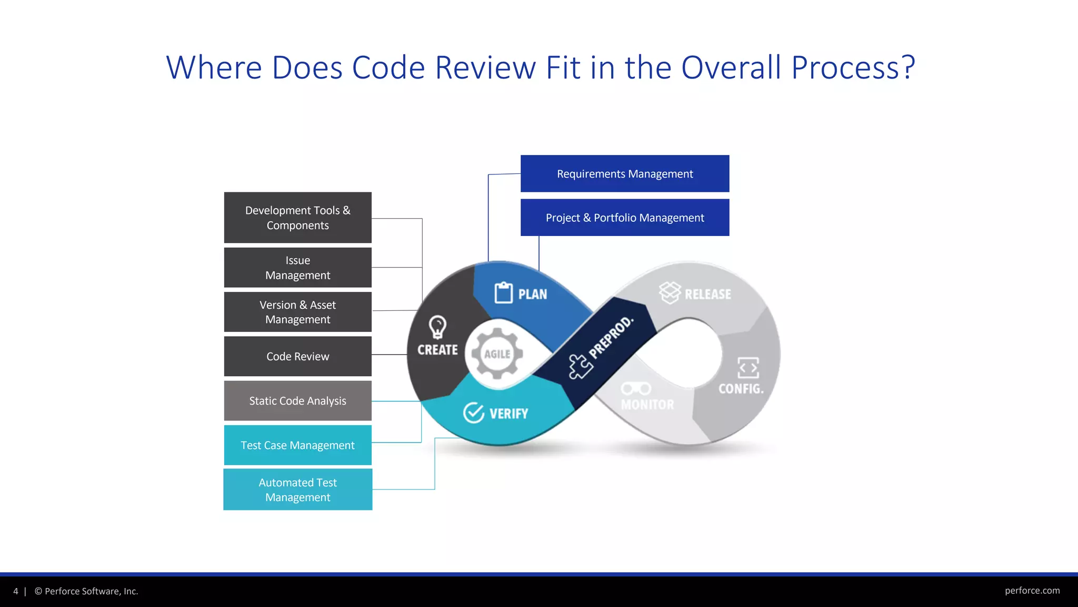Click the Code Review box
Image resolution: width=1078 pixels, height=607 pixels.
click(297, 356)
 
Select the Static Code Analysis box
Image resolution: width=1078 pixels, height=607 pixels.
click(297, 400)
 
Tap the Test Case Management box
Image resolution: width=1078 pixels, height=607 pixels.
click(297, 445)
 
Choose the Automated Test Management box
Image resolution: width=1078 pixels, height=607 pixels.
click(297, 489)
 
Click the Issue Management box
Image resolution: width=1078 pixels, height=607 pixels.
click(297, 268)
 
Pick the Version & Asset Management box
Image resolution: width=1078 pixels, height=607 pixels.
click(297, 312)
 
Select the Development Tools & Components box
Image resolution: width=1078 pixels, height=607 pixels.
click(297, 218)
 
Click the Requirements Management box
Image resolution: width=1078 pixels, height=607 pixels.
click(625, 174)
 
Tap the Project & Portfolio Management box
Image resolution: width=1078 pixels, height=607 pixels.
click(625, 218)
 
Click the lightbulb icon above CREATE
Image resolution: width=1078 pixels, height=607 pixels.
click(437, 327)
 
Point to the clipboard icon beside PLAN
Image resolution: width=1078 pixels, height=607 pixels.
click(503, 293)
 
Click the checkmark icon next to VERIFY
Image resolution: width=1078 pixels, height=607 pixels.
click(473, 413)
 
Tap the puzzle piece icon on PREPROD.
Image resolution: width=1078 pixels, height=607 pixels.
click(580, 366)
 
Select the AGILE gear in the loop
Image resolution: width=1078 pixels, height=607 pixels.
click(497, 354)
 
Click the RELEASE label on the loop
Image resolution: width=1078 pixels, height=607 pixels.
click(707, 294)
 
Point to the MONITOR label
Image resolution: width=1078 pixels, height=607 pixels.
click(647, 405)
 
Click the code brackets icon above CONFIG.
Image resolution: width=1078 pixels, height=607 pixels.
click(748, 368)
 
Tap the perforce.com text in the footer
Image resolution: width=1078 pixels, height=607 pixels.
click(1032, 591)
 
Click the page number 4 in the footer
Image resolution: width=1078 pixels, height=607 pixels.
click(16, 591)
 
